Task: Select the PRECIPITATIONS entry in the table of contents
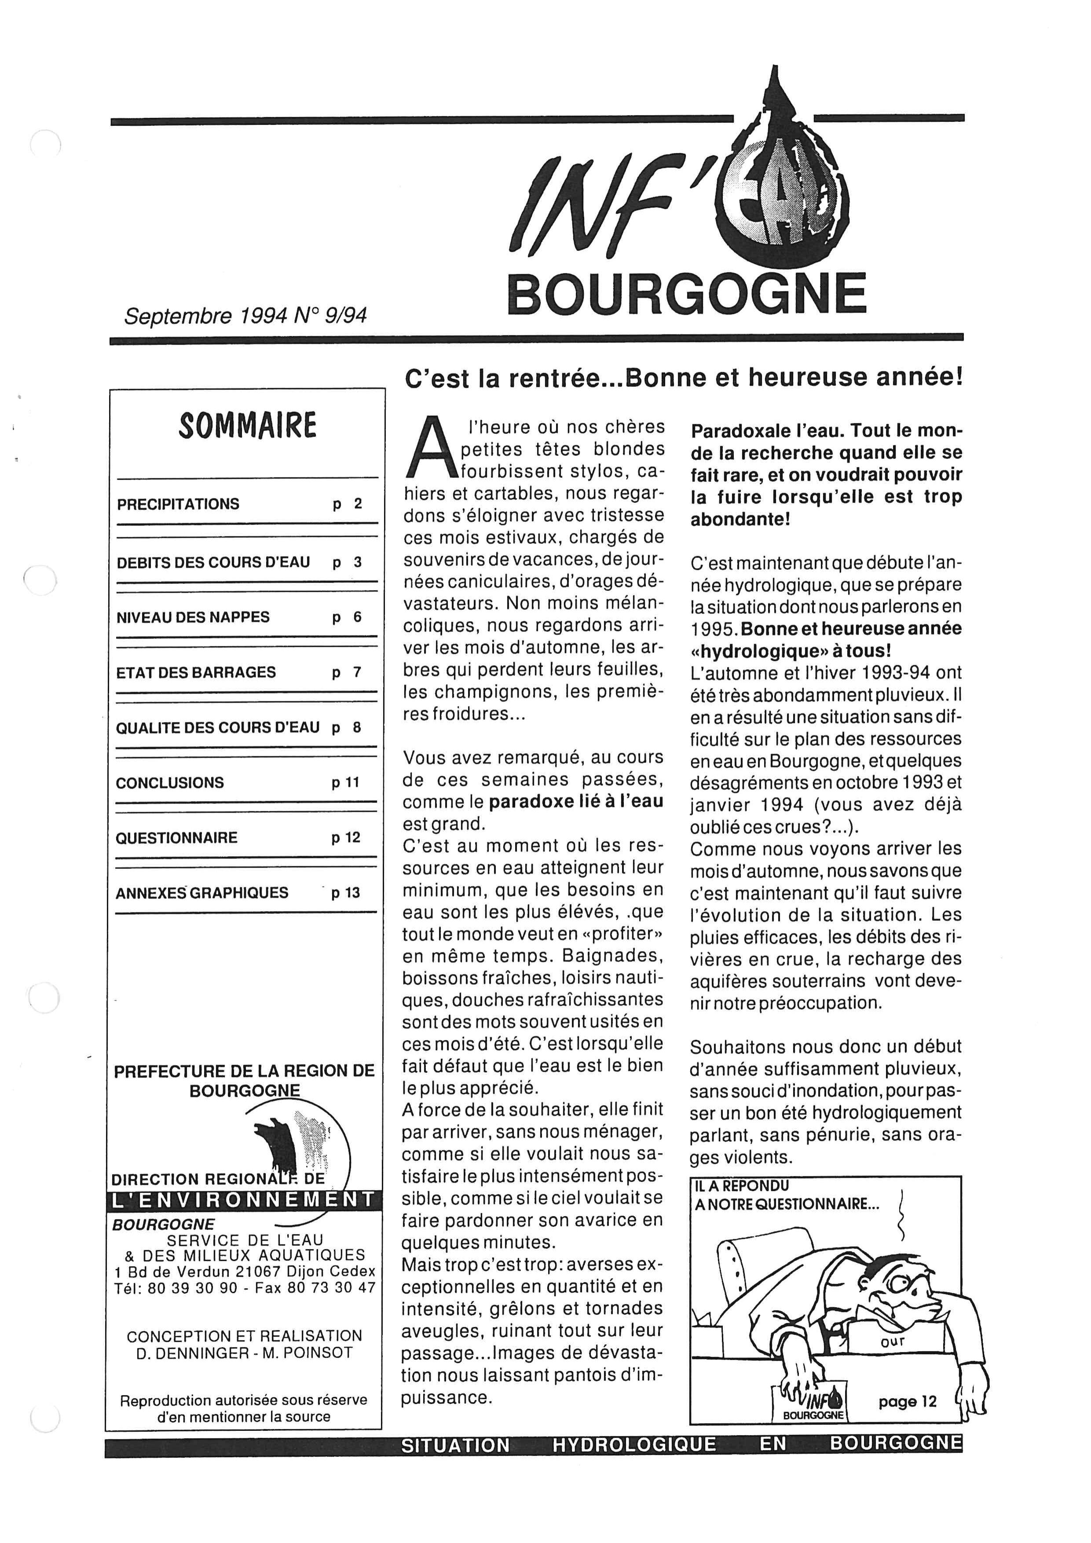178,504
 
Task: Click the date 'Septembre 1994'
205,316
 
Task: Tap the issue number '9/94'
345,316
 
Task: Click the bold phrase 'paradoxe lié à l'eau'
576,801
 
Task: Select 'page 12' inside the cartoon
907,1401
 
